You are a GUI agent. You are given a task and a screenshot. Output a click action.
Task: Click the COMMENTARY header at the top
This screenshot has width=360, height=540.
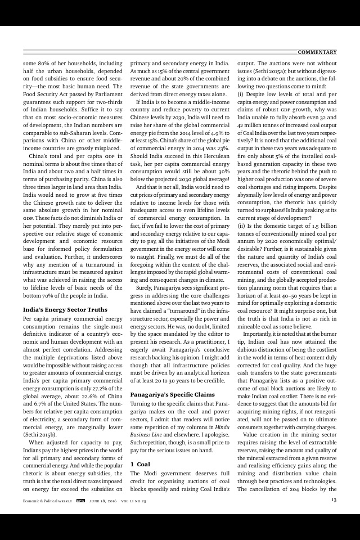[317, 52]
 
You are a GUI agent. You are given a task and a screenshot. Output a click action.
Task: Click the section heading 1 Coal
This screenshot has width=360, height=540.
[140, 464]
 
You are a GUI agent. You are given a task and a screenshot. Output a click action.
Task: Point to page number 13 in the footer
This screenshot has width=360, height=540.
[334, 500]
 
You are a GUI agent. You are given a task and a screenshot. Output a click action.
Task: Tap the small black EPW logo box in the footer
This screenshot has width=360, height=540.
[80, 500]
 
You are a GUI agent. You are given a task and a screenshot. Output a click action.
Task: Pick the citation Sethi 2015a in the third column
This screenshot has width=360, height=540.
[283, 73]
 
